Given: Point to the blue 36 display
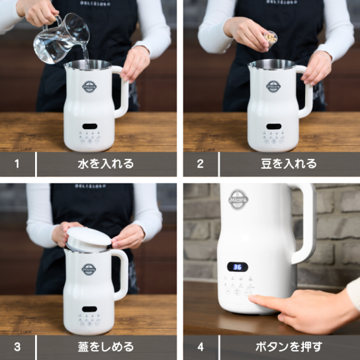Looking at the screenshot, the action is click(238, 267).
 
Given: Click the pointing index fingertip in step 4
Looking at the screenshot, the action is click(251, 298).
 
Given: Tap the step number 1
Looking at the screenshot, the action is click(17, 163).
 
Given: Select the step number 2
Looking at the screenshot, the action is click(200, 163).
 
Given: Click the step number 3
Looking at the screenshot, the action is click(17, 347).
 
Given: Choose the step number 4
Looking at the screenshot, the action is click(201, 347).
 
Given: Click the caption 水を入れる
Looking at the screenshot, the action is click(106, 163).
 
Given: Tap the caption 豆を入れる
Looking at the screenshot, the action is click(289, 163).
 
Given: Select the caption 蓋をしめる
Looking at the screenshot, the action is click(106, 347).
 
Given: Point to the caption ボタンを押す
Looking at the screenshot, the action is click(289, 347).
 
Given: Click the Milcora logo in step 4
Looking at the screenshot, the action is click(238, 199).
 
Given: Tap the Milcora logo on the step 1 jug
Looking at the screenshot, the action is click(89, 87).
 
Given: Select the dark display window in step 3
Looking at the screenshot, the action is click(89, 309).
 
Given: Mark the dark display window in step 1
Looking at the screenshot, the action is click(90, 126).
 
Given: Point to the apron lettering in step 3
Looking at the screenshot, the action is click(91, 186).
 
